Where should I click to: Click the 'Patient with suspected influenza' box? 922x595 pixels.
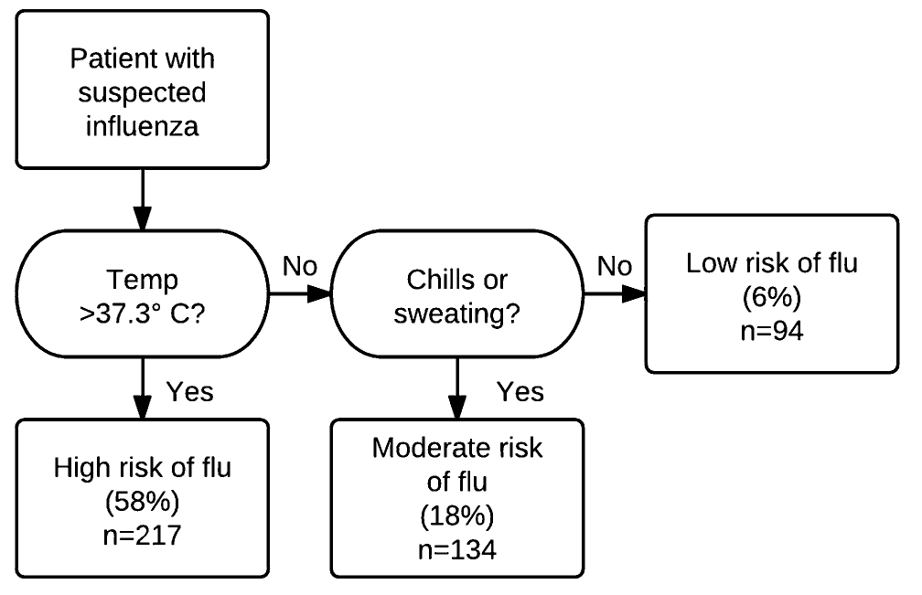pyautogui.click(x=142, y=90)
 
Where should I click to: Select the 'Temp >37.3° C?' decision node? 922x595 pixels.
pyautogui.click(x=142, y=293)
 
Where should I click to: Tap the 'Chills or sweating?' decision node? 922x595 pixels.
pyautogui.click(x=456, y=293)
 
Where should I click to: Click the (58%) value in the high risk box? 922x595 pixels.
pyautogui.click(x=142, y=502)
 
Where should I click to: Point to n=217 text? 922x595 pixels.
pyautogui.click(x=142, y=533)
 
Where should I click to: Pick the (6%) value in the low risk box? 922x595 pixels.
pyautogui.click(x=772, y=299)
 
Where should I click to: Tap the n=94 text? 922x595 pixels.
pyautogui.click(x=772, y=330)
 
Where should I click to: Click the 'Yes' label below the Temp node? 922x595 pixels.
pyautogui.click(x=189, y=391)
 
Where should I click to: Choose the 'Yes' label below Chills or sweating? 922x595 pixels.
pyautogui.click(x=520, y=391)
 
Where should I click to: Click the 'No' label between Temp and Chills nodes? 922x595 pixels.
pyautogui.click(x=300, y=268)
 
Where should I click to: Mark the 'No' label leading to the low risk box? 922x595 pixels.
pyautogui.click(x=615, y=268)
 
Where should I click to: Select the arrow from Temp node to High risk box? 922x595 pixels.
pyautogui.click(x=143, y=388)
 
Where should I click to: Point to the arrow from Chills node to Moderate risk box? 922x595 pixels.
pyautogui.click(x=456, y=388)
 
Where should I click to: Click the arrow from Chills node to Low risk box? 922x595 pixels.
pyautogui.click(x=614, y=294)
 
